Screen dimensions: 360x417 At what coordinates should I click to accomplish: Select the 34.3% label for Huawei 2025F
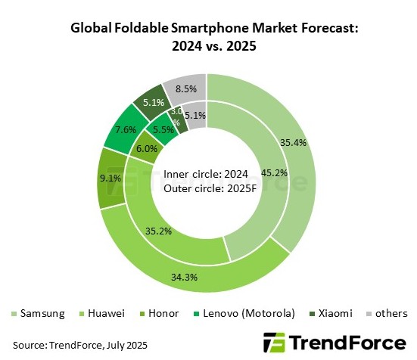tap(205, 278)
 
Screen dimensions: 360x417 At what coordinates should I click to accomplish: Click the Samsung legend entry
tap(38, 313)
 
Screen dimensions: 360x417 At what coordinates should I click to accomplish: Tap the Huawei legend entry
tap(104, 313)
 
